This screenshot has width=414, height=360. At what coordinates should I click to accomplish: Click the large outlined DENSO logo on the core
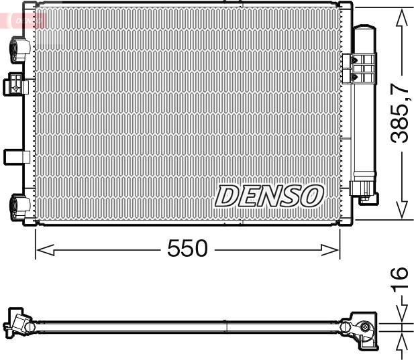click(x=269, y=196)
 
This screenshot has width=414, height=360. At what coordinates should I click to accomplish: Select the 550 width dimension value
click(x=187, y=249)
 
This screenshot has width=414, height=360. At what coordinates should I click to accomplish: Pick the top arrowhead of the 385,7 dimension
click(x=401, y=17)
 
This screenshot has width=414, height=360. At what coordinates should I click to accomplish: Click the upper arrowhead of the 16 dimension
click(x=401, y=313)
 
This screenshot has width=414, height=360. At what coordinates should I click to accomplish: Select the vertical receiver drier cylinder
click(x=365, y=114)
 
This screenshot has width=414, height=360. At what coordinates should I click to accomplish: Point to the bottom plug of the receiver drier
click(x=366, y=192)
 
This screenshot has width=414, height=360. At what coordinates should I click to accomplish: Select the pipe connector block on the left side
click(x=15, y=84)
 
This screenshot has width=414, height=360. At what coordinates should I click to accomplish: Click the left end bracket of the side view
click(x=19, y=322)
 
